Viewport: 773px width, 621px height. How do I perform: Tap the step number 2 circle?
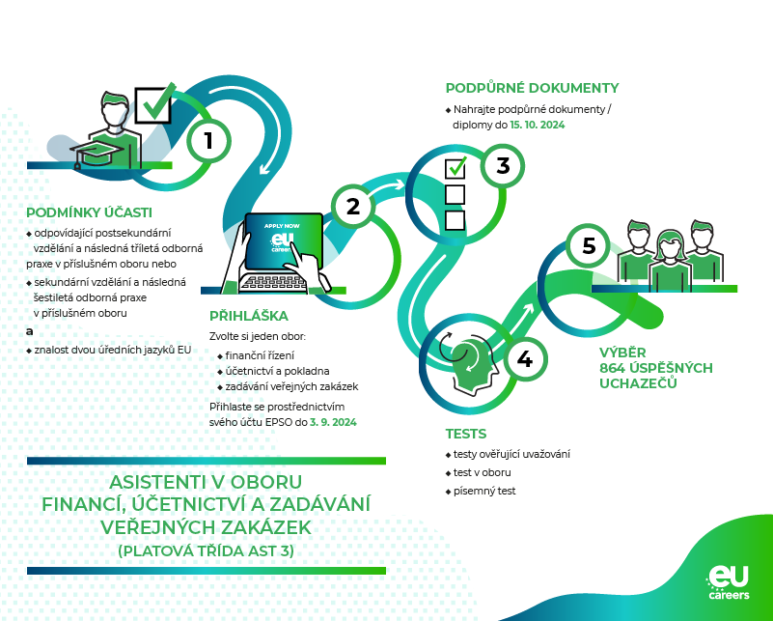(352, 205)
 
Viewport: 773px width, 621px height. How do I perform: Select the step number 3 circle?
(502, 165)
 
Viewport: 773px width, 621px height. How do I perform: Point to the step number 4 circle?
(524, 359)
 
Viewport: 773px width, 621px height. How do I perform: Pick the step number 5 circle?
(589, 245)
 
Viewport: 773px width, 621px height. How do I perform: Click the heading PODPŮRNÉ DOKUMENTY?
(532, 88)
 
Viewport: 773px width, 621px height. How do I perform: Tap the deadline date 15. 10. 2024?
(538, 126)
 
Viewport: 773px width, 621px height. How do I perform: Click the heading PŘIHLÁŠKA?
(249, 315)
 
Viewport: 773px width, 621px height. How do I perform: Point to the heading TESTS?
(465, 434)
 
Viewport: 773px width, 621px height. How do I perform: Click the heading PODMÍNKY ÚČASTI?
(89, 212)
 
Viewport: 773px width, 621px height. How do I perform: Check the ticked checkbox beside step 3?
(456, 168)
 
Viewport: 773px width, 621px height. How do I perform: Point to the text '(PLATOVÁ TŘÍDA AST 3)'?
(206, 550)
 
